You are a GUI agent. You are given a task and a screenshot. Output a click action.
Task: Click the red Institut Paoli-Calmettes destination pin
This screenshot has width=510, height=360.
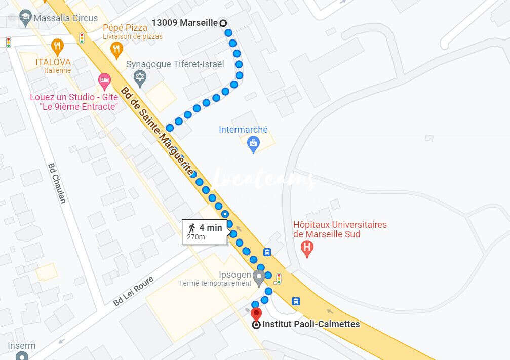256,314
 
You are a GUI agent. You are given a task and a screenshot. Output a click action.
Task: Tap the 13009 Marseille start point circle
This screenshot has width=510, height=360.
222,23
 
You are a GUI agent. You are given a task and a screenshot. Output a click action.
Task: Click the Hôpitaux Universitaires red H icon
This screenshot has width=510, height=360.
306,248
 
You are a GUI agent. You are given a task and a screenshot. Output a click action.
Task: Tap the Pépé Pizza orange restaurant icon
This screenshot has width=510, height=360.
117,49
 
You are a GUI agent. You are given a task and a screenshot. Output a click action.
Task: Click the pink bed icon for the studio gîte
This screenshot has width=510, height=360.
103,80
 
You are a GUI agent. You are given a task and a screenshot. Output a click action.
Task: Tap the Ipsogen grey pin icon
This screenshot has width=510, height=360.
259,277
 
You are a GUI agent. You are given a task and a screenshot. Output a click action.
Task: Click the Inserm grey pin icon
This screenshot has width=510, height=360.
21,355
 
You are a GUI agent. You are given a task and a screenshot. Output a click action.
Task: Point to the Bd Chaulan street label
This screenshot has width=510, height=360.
57,183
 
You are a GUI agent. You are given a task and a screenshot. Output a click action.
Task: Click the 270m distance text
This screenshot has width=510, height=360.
196,237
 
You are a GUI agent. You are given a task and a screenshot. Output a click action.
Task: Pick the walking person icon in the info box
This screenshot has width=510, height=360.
192,228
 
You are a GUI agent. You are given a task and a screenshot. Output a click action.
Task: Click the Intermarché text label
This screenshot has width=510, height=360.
243,130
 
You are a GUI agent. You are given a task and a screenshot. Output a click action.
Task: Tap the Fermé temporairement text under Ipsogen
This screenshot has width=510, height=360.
215,283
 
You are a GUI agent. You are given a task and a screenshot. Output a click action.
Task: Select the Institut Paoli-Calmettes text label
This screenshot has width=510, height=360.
311,324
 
